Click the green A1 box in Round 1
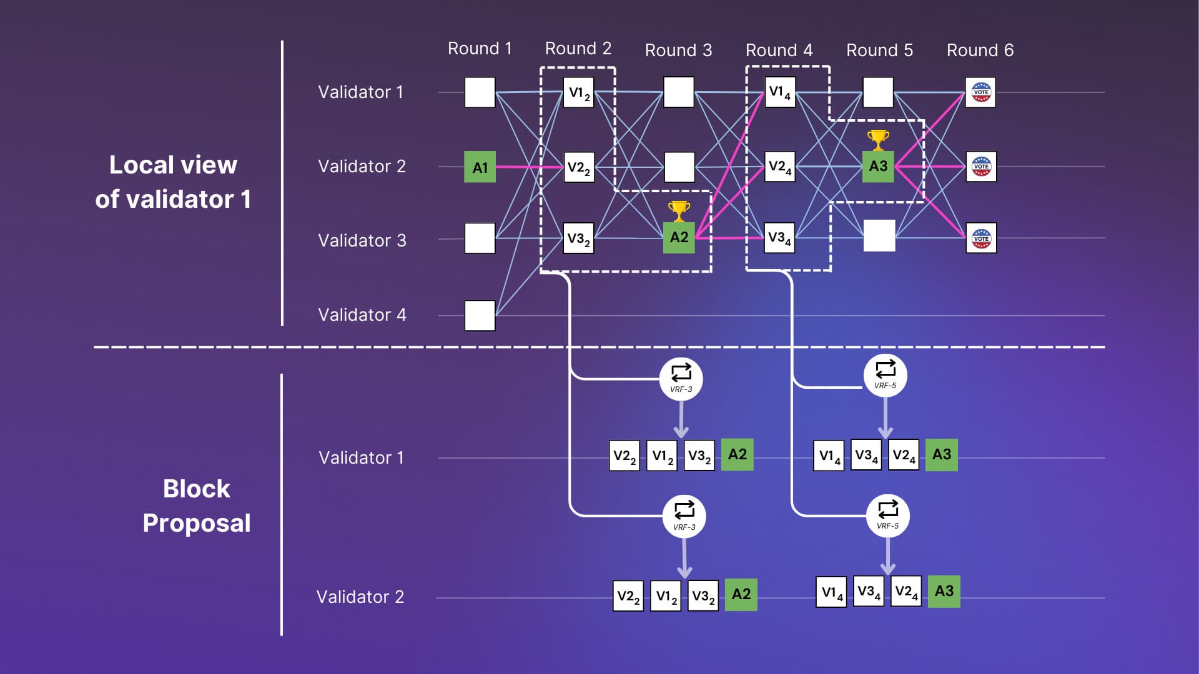[x=480, y=167]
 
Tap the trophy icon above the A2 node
[x=679, y=211]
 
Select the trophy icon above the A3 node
[x=878, y=140]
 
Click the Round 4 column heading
[x=779, y=50]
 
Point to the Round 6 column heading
[x=980, y=50]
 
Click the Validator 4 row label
[x=362, y=315]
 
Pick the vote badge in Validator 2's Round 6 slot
[x=981, y=167]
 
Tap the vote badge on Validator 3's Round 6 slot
[x=981, y=238]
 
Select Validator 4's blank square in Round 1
[x=480, y=315]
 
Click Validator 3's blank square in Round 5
[x=879, y=235]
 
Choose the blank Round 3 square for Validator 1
[x=679, y=92]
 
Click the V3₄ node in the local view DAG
[x=779, y=238]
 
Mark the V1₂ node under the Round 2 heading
[x=578, y=92]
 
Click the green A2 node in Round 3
[x=679, y=237]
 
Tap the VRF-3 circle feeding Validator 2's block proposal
[x=684, y=516]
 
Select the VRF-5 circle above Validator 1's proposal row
[x=886, y=376]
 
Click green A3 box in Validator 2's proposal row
[x=944, y=591]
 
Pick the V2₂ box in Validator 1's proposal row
[x=624, y=456]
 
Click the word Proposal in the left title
[x=197, y=523]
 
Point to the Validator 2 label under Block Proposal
[x=360, y=597]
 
